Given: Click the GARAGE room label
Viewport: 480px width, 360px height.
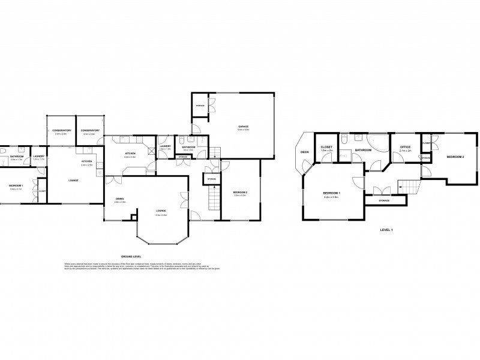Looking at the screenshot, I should pyautogui.click(x=243, y=127).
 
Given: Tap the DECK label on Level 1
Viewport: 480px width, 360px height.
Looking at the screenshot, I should pyautogui.click(x=305, y=152).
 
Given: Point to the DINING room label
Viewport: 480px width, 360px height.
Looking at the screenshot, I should pyautogui.click(x=119, y=199).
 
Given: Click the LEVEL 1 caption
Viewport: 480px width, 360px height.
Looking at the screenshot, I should pyautogui.click(x=386, y=230).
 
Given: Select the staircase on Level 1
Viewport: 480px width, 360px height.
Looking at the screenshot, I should pyautogui.click(x=409, y=188).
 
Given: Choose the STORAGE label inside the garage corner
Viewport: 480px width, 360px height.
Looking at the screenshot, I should pyautogui.click(x=200, y=106).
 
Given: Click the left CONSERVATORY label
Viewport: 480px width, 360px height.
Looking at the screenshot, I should pyautogui.click(x=61, y=130).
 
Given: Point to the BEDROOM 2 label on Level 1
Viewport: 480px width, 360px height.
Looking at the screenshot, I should pyautogui.click(x=455, y=157).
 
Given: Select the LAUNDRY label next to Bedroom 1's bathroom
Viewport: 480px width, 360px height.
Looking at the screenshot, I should pyautogui.click(x=39, y=156).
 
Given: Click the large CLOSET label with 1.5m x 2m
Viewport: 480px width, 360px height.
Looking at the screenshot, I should pyautogui.click(x=327, y=146).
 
